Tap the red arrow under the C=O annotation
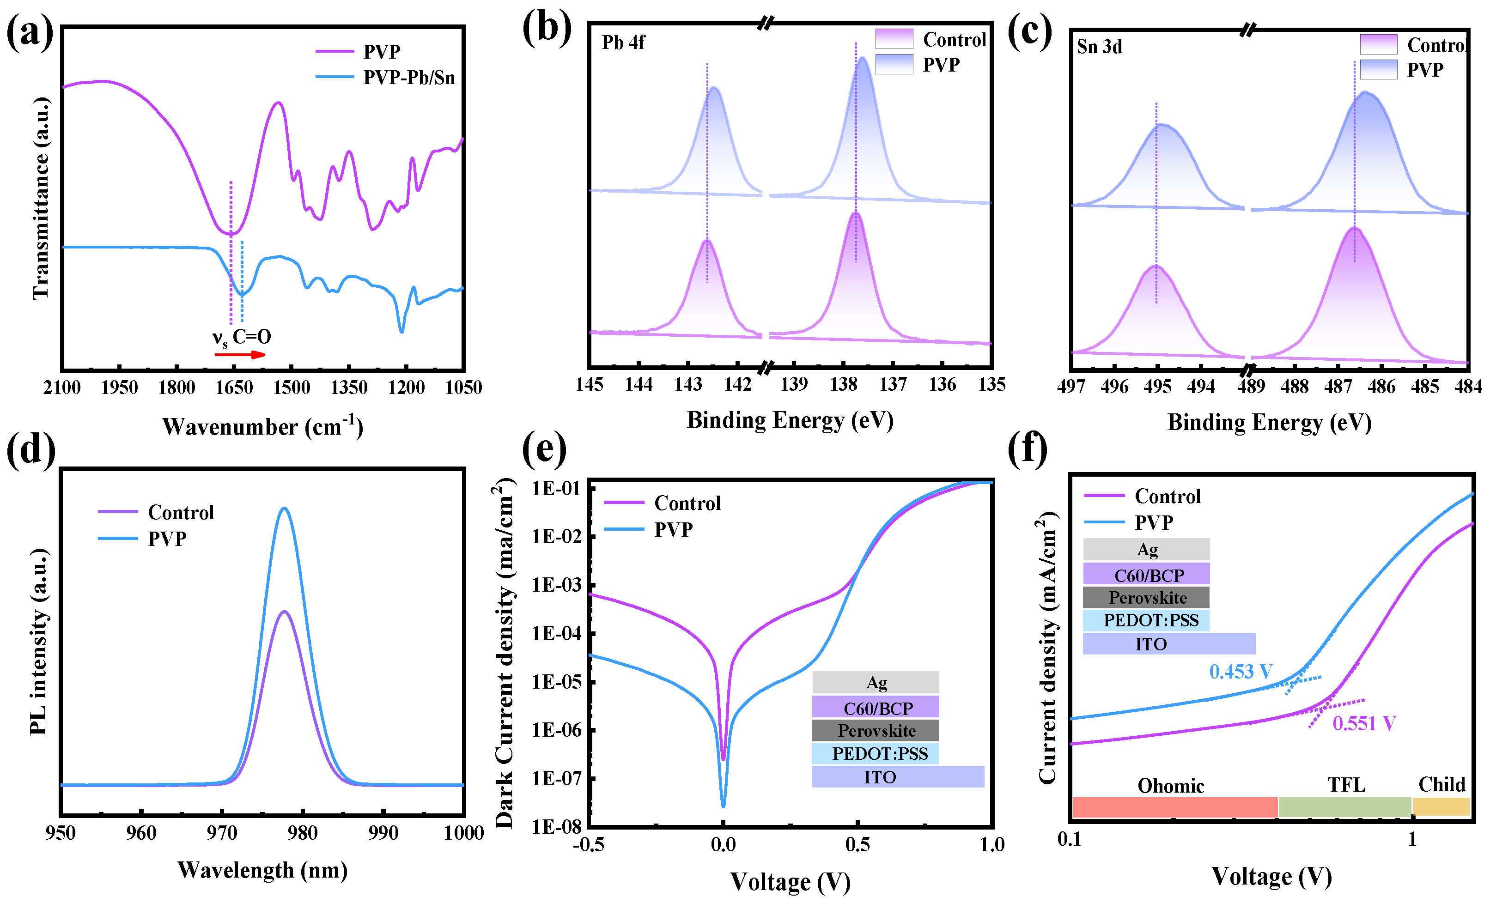pos(239,355)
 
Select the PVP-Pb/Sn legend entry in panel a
pos(408,77)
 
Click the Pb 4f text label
pos(623,42)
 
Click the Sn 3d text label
pos(1099,47)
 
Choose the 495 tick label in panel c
pos(1157,387)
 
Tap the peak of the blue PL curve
pos(284,509)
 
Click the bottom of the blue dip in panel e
pos(723,805)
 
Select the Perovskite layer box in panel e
pos(875,731)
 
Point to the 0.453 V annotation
pos(1240,672)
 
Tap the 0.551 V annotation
pos(1363,723)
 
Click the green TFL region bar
pos(1345,807)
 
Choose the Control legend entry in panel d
pos(180,513)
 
